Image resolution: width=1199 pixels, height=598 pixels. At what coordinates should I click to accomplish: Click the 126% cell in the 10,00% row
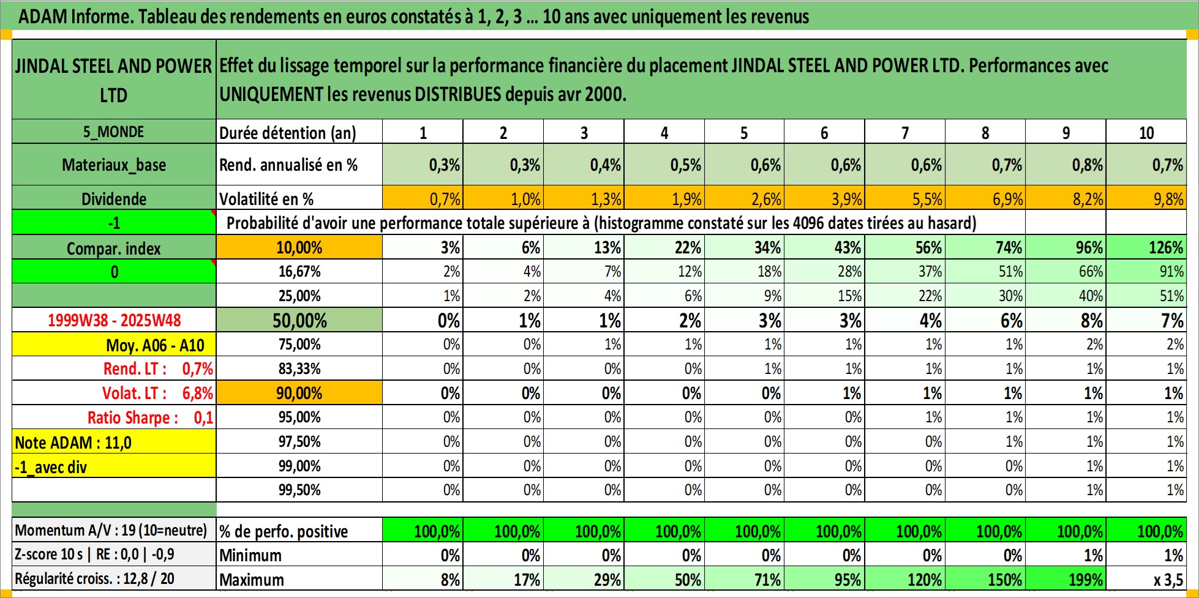[1146, 247]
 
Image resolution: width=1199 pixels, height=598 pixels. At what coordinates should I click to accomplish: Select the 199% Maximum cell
[1066, 579]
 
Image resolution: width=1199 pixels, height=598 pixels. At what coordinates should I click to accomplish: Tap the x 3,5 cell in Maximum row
[1146, 579]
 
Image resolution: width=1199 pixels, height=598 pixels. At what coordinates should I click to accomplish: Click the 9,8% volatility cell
[1146, 198]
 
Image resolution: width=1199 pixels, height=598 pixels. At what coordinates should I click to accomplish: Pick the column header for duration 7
[904, 132]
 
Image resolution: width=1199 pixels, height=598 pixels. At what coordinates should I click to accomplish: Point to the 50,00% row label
[299, 320]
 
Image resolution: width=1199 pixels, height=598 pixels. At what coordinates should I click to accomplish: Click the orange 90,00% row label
[299, 393]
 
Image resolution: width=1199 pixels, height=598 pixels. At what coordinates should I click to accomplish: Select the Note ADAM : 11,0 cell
[114, 442]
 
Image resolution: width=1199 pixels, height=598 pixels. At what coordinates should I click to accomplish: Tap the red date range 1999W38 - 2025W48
[114, 320]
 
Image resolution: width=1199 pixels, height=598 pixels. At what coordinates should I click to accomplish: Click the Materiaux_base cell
[114, 165]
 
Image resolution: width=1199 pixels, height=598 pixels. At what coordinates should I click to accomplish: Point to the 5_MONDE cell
[114, 132]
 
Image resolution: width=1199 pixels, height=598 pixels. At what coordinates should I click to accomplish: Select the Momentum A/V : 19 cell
[114, 530]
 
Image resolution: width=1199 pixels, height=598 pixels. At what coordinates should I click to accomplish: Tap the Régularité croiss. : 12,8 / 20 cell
[114, 579]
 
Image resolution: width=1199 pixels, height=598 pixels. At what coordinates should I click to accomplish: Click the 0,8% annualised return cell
[1066, 165]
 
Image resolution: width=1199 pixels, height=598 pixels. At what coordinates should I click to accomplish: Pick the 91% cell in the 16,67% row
[1146, 271]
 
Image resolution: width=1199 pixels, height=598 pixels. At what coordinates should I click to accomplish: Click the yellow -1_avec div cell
[114, 466]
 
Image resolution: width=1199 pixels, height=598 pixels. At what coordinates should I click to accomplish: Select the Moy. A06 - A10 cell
[114, 345]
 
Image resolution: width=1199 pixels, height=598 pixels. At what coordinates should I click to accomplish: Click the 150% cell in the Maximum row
[985, 579]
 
